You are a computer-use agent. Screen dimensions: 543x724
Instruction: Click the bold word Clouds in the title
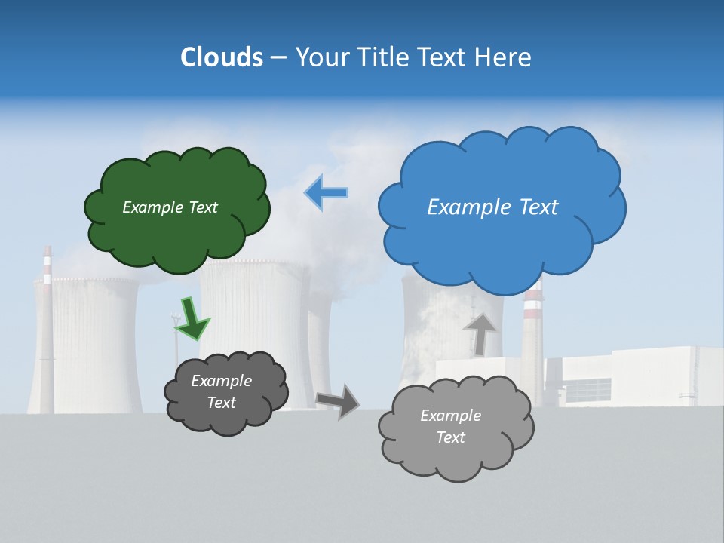coord(222,57)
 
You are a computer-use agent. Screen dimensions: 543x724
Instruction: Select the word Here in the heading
coord(504,57)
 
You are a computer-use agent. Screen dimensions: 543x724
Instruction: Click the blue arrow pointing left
coord(327,192)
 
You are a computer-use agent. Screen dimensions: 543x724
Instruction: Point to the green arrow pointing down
coord(192,318)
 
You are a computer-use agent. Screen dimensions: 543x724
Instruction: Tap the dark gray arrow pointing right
coord(339,400)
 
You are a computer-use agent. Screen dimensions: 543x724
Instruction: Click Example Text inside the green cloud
coord(170,207)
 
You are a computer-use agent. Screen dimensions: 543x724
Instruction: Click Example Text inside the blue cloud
coord(492,207)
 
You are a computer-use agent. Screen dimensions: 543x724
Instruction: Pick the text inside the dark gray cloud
coord(222,391)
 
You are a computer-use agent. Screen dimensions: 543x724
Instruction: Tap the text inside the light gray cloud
coord(450,426)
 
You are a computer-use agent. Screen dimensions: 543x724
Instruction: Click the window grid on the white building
coord(588,390)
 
